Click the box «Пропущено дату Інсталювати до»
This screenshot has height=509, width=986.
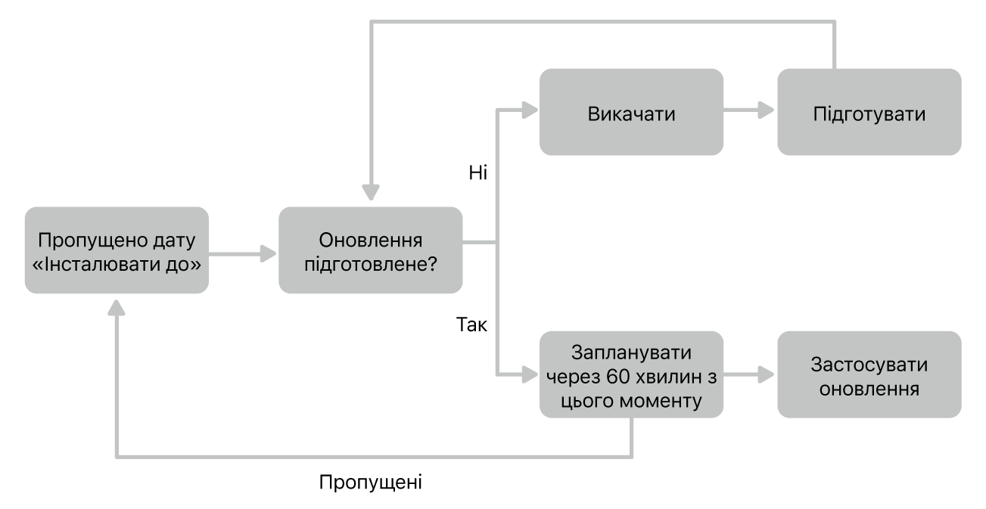116,250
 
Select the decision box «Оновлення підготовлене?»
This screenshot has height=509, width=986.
370,250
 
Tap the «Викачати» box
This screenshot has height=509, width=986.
630,113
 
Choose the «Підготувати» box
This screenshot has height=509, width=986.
869,113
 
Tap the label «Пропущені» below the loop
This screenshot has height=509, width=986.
370,481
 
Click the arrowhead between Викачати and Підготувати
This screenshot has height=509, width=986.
767,113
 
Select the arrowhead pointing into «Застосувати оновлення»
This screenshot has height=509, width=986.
767,374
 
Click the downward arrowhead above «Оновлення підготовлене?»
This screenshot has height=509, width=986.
370,195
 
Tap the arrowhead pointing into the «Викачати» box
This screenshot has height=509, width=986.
529,113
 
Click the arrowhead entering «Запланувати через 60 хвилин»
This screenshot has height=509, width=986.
529,374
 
